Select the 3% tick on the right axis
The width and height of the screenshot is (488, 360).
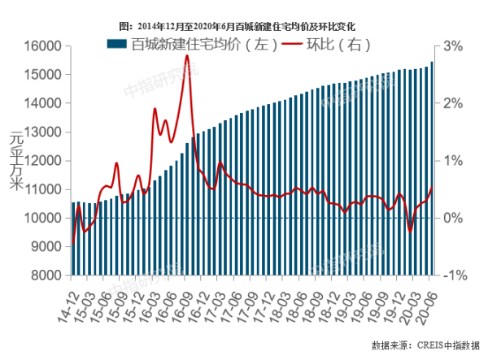click(x=453, y=47)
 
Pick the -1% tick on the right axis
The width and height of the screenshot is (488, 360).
click(x=452, y=275)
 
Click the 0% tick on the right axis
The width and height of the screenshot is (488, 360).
click(x=453, y=219)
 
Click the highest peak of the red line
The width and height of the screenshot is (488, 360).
click(x=187, y=56)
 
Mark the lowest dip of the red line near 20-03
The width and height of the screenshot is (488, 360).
click(x=410, y=232)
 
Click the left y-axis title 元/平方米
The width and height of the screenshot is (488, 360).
click(x=15, y=161)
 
